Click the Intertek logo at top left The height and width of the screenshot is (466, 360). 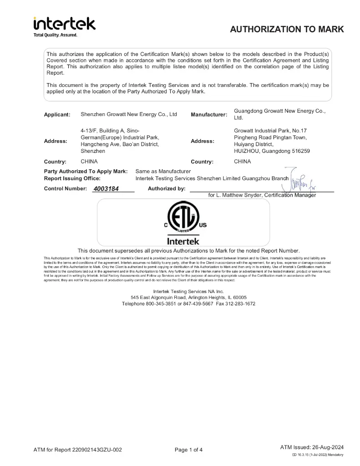click(64, 24)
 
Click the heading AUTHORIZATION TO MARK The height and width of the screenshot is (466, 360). click(287, 30)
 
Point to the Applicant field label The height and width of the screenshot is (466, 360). click(57, 115)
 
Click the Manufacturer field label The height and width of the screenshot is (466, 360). click(209, 115)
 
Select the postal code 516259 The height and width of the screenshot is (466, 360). click(299, 151)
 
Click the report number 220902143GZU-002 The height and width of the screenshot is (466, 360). click(96, 450)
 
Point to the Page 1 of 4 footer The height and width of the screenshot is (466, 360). click(188, 450)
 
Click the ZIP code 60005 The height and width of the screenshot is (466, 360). click(238, 297)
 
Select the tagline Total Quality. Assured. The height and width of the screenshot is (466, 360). click(56, 35)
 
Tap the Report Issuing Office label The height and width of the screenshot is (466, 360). click(72, 178)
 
